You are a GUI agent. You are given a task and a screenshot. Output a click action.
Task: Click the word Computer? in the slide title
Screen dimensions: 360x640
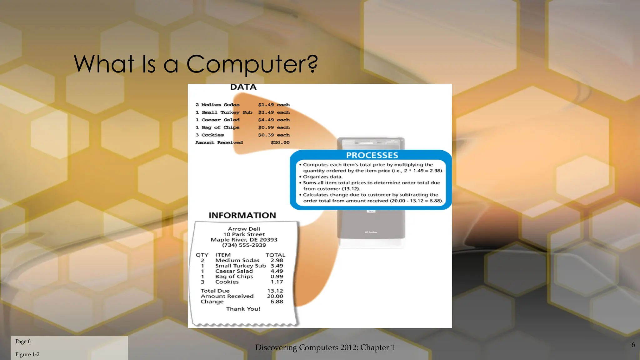coord(252,64)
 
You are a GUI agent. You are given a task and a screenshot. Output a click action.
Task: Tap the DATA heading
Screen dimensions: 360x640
coord(243,87)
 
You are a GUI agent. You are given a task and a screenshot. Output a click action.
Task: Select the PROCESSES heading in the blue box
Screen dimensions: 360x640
coord(372,155)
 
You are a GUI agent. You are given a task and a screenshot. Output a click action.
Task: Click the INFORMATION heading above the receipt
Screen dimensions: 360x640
coord(242,215)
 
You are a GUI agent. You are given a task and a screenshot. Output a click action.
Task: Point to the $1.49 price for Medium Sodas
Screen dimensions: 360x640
coord(266,105)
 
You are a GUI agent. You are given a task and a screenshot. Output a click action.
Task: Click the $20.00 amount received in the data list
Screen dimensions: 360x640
coord(280,142)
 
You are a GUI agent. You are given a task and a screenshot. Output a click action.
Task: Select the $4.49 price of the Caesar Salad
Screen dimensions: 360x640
coord(266,120)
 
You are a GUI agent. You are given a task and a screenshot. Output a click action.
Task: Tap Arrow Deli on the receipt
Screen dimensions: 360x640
coord(244,229)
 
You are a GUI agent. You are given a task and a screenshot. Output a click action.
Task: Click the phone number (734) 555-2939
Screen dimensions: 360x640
coord(244,245)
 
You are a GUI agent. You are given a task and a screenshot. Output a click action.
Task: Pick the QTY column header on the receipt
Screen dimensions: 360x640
coord(202,255)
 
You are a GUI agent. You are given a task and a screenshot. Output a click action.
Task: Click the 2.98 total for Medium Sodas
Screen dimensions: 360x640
coord(277,260)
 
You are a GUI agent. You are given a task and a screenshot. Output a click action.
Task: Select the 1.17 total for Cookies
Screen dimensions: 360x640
coord(277,282)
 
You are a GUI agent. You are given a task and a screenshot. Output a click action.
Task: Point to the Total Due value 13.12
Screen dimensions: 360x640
coord(275,291)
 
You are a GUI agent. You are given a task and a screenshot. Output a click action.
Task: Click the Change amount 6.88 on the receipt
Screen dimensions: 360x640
coord(277,302)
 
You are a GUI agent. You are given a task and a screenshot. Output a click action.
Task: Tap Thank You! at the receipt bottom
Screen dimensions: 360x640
coord(243,309)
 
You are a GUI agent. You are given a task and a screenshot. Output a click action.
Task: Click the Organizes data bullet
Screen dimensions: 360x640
coord(322,177)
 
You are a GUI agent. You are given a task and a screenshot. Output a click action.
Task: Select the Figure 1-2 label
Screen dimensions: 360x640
coord(27,354)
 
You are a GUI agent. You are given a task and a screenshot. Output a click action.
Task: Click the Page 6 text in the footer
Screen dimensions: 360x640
coord(23,341)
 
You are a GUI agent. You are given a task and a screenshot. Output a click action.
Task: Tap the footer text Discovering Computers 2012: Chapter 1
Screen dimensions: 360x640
coord(325,347)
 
